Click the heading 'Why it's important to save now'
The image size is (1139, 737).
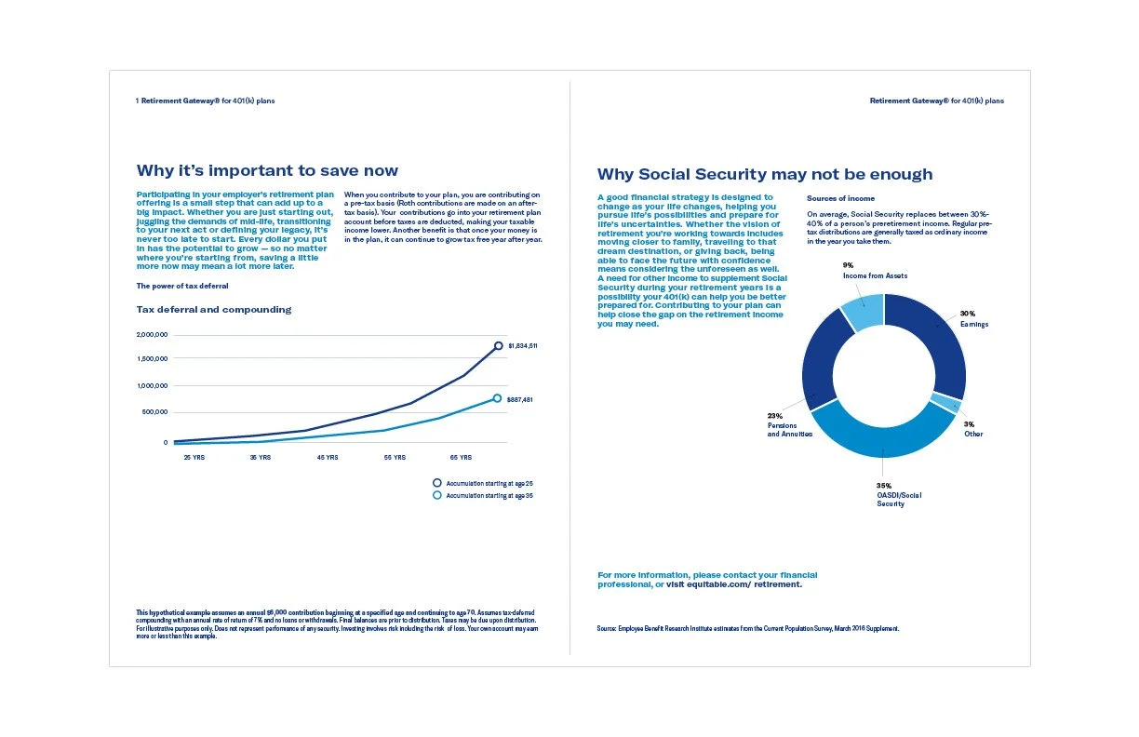tap(267, 170)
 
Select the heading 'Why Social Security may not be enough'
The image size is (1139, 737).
tap(764, 174)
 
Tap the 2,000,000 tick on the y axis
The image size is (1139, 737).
tap(152, 334)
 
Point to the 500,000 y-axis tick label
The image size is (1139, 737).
tap(153, 411)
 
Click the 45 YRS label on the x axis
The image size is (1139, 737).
tap(328, 457)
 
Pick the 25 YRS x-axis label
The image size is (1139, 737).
tap(194, 457)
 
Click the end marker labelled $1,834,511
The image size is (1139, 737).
tap(499, 345)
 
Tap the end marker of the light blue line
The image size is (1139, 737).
tap(497, 398)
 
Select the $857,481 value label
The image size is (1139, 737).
tap(519, 399)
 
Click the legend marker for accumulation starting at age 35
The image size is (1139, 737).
tap(437, 495)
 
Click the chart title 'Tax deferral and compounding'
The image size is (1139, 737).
tap(214, 309)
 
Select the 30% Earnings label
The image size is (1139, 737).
tap(973, 318)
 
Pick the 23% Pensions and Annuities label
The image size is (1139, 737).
tap(789, 424)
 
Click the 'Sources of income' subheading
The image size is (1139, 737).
tap(840, 198)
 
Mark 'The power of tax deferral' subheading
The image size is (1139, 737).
tap(182, 286)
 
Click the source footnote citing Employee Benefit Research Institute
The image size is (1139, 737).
tap(748, 628)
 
